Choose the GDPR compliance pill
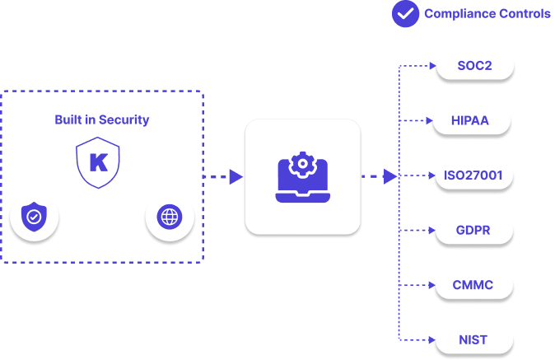click(x=473, y=230)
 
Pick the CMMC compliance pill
click(x=473, y=285)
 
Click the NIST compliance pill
click(x=473, y=339)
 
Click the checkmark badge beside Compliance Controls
click(x=405, y=13)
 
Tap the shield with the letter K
click(x=98, y=161)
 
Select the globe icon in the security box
click(x=169, y=217)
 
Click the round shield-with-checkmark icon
click(x=33, y=217)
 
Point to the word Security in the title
click(x=124, y=119)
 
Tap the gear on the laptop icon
click(x=303, y=164)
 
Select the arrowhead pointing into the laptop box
click(x=236, y=176)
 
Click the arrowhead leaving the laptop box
click(x=390, y=176)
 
